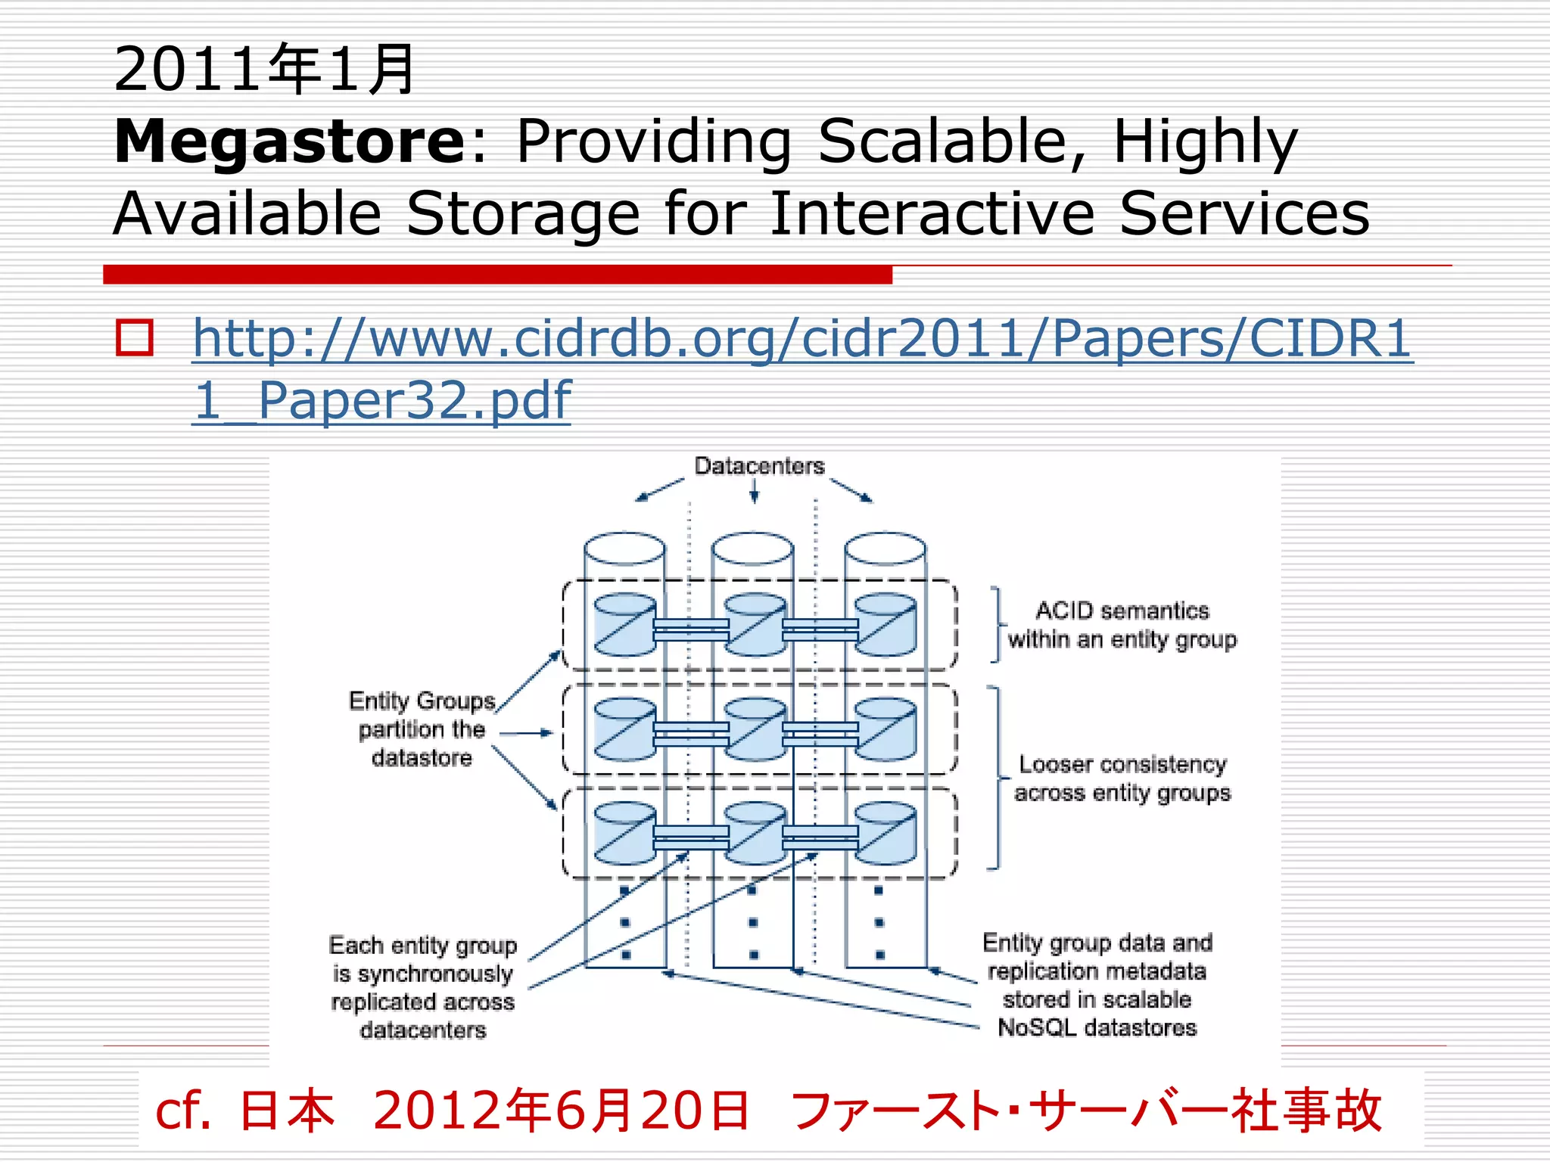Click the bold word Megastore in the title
pyautogui.click(x=290, y=141)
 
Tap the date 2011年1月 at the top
pyautogui.click(x=264, y=70)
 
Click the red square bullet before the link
pyautogui.click(x=135, y=337)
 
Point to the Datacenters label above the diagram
pyautogui.click(x=759, y=466)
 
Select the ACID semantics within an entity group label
pyautogui.click(x=1122, y=625)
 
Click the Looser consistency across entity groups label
pyautogui.click(x=1122, y=778)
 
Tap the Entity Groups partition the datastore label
pyautogui.click(x=422, y=729)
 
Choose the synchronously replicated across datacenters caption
pyautogui.click(x=423, y=987)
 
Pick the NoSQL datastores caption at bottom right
pyautogui.click(x=1097, y=986)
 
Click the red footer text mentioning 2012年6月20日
pyautogui.click(x=768, y=1111)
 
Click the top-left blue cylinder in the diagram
pyautogui.click(x=625, y=626)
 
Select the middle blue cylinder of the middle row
pyautogui.click(x=755, y=729)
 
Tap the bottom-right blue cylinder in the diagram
pyautogui.click(x=885, y=834)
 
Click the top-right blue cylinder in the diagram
pyautogui.click(x=885, y=626)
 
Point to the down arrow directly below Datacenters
pyautogui.click(x=754, y=492)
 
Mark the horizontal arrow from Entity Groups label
pyautogui.click(x=527, y=733)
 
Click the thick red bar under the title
pyautogui.click(x=497, y=275)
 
